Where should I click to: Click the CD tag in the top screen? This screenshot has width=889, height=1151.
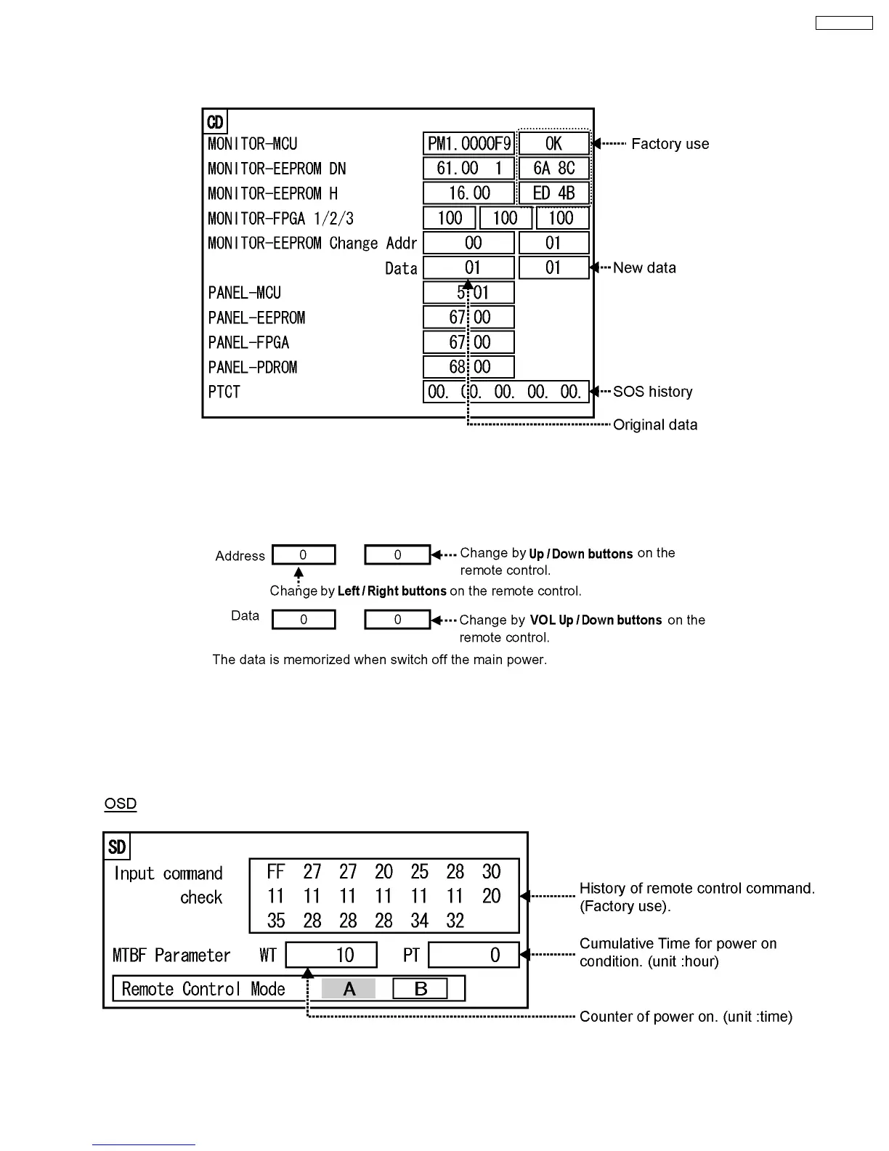(216, 122)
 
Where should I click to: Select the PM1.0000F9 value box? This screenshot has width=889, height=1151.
(468, 144)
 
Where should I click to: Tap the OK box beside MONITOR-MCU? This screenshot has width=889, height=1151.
(553, 144)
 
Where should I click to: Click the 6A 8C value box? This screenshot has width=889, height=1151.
(553, 169)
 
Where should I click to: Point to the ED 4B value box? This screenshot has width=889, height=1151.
(553, 193)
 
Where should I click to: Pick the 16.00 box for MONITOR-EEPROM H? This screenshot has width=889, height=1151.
(468, 193)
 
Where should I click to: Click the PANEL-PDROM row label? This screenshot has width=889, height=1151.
(253, 368)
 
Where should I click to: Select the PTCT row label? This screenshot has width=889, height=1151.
(224, 392)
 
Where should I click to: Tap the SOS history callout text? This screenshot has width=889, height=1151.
(652, 392)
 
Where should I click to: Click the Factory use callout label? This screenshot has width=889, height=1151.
(670, 144)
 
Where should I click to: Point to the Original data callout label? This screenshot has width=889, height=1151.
(654, 425)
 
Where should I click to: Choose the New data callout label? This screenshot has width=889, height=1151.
(644, 268)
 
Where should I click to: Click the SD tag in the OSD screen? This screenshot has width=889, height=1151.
(117, 847)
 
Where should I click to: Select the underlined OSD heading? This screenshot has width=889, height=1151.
(121, 804)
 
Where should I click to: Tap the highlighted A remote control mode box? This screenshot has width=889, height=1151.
(349, 989)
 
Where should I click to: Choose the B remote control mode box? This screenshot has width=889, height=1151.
(420, 989)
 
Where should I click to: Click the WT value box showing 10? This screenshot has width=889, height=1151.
(331, 955)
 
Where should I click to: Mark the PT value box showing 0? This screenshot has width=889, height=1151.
(474, 955)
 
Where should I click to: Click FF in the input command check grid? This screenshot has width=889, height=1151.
(276, 872)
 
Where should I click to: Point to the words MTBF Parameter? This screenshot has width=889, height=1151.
(171, 956)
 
